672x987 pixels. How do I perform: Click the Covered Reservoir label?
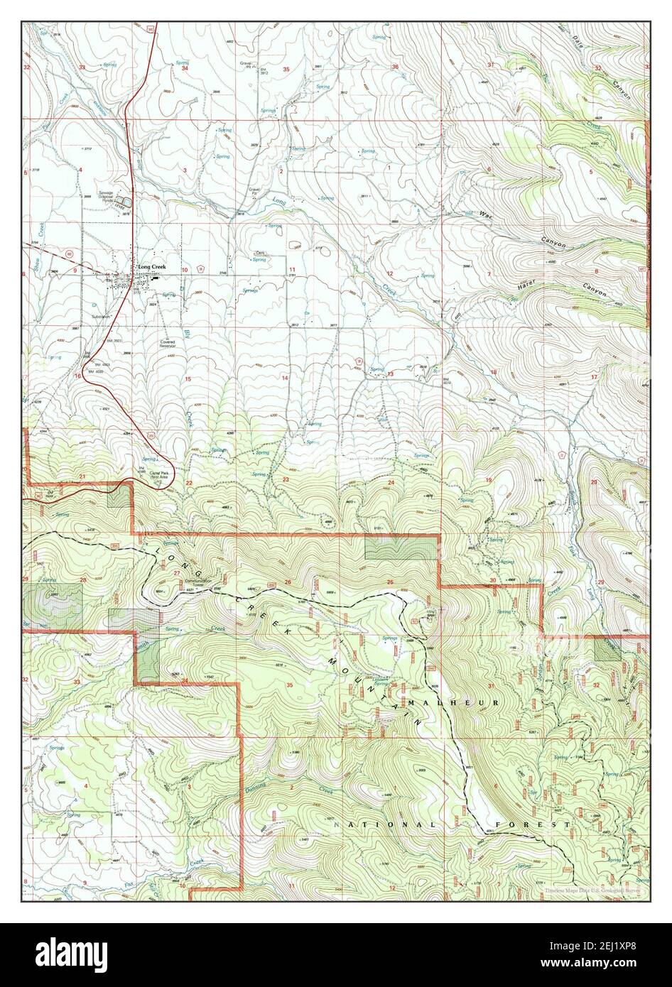click(x=172, y=344)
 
